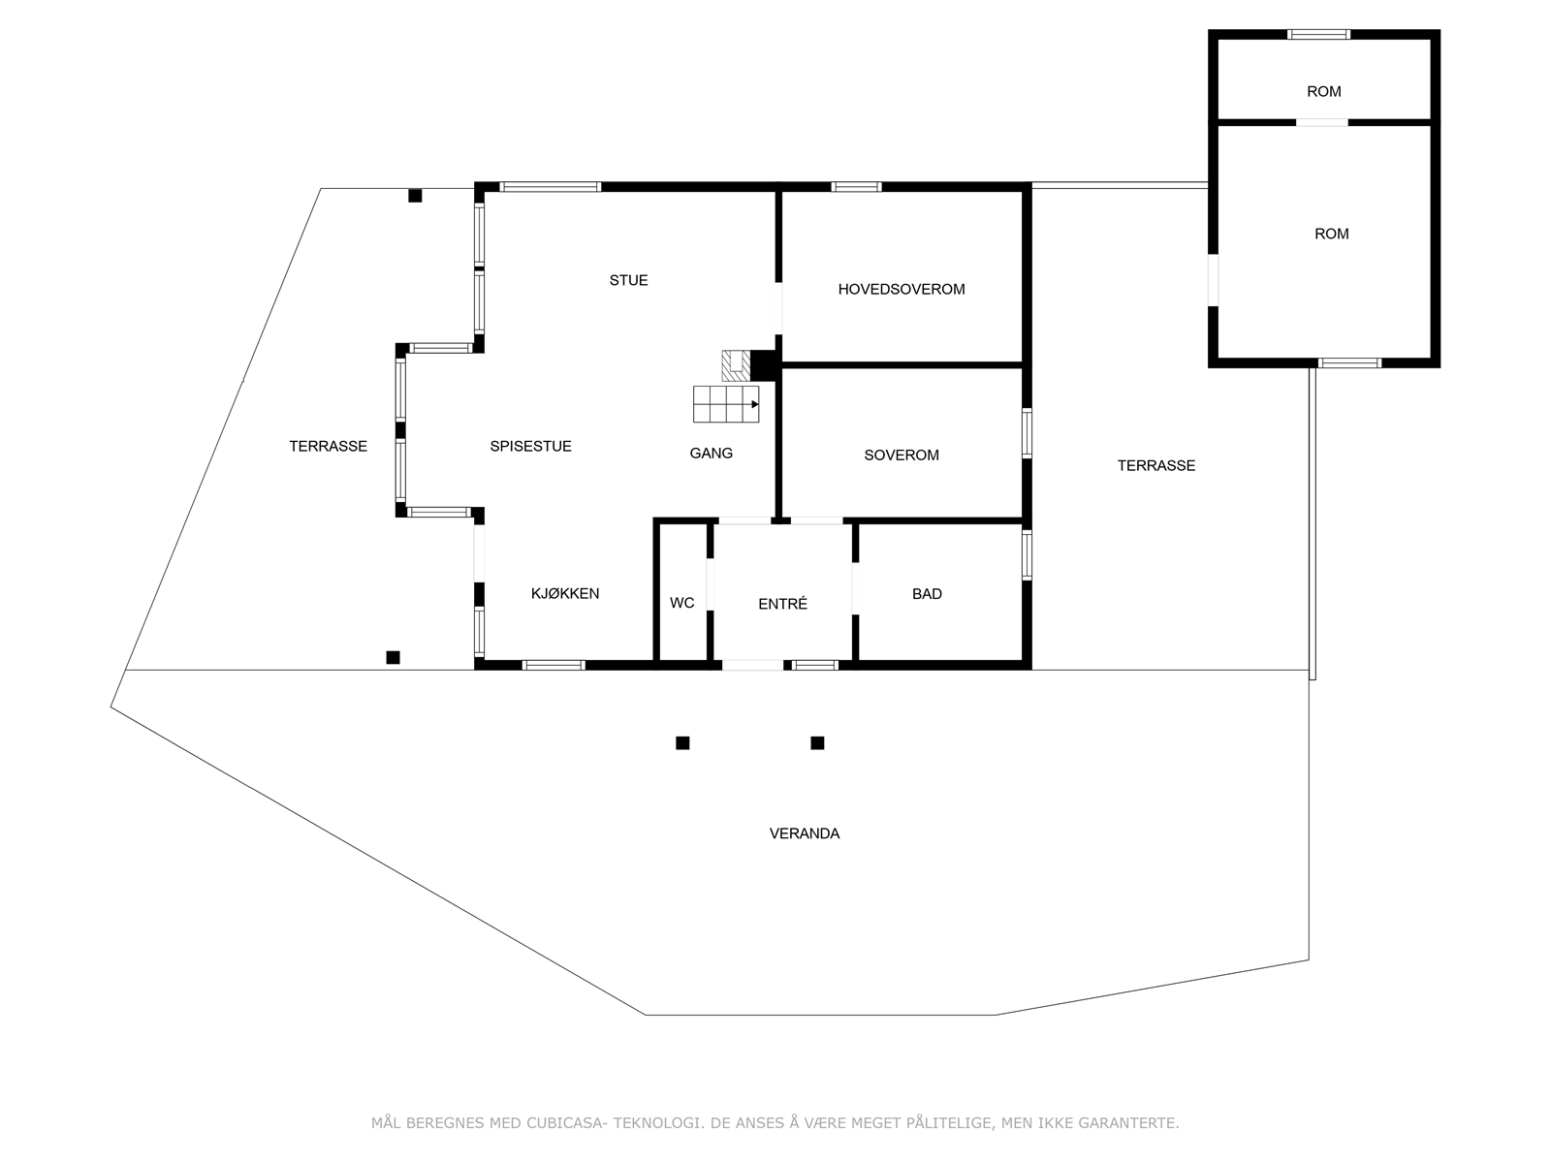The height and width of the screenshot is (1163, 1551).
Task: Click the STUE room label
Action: click(x=628, y=280)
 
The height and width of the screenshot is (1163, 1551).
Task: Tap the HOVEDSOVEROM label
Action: click(x=902, y=289)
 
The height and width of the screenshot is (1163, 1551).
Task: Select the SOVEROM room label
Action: click(x=902, y=455)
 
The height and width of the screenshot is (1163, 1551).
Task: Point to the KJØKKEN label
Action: click(x=565, y=593)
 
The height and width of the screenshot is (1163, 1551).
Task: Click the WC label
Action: click(x=681, y=603)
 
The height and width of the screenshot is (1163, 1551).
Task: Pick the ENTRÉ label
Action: click(x=782, y=604)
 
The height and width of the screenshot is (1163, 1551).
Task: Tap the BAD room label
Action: click(x=927, y=593)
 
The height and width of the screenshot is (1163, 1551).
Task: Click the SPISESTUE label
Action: click(x=530, y=446)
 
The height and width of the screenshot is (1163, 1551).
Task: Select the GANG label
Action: click(x=712, y=453)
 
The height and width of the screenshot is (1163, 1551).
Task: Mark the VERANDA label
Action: click(x=805, y=833)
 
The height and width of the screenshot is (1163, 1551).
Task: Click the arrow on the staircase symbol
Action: click(x=754, y=404)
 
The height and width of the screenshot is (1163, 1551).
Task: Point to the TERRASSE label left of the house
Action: click(x=328, y=446)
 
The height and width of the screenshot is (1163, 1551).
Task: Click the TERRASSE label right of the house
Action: click(x=1155, y=465)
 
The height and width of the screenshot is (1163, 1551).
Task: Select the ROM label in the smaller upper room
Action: click(x=1323, y=91)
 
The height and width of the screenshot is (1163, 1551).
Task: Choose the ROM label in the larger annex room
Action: click(x=1331, y=234)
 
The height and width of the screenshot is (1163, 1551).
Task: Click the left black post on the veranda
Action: click(x=682, y=743)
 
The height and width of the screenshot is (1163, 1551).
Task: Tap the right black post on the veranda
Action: click(x=817, y=743)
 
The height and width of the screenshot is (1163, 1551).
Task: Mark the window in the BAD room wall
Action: click(x=1027, y=555)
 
